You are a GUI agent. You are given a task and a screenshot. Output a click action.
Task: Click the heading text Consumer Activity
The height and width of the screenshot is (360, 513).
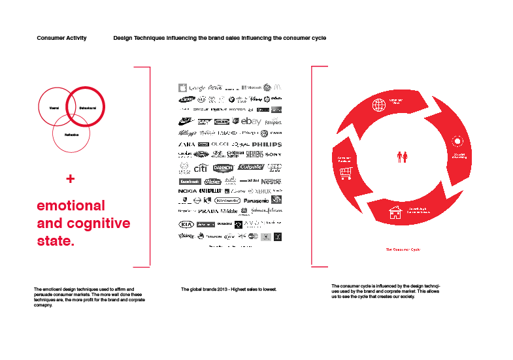click(x=61, y=39)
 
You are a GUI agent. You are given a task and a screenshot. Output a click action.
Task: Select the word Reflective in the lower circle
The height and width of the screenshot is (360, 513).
click(x=71, y=134)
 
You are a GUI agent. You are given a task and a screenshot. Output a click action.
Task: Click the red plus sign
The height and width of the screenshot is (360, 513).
click(x=71, y=178)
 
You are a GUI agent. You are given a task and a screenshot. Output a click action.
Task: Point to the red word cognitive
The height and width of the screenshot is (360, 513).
click(x=98, y=223)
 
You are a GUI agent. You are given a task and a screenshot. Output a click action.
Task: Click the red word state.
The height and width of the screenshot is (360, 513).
click(x=56, y=241)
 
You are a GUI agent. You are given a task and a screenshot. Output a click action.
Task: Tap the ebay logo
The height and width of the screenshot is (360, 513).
click(x=251, y=122)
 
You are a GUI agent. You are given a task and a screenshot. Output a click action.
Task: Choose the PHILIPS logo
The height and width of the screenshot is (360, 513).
click(x=267, y=144)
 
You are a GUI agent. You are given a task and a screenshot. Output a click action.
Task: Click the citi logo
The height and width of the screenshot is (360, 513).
click(x=201, y=168)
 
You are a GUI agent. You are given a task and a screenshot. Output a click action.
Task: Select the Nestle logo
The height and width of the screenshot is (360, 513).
click(x=271, y=181)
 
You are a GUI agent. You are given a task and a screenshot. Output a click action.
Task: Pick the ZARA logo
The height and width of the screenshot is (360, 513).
click(x=187, y=144)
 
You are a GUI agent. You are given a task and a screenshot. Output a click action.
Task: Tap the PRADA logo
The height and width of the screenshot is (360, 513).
click(x=208, y=212)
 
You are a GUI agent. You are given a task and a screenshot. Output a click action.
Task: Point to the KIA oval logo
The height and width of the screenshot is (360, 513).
click(x=187, y=224)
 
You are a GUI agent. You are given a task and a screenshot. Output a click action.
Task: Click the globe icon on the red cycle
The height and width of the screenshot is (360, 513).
click(x=378, y=105)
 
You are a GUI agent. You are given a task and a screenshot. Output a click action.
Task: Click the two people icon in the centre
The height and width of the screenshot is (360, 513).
click(x=403, y=156)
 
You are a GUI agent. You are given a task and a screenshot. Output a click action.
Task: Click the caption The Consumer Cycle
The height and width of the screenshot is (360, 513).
click(x=403, y=250)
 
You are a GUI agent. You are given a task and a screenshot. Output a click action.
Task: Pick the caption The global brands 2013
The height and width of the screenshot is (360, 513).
click(x=229, y=289)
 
